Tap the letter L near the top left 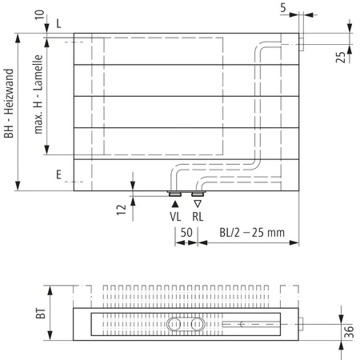(59, 25)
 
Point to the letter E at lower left (59, 173)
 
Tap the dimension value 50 (185, 233)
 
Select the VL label (175, 216)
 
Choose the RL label (198, 216)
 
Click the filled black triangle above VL (175, 203)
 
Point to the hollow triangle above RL (198, 203)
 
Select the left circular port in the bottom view (175, 325)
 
